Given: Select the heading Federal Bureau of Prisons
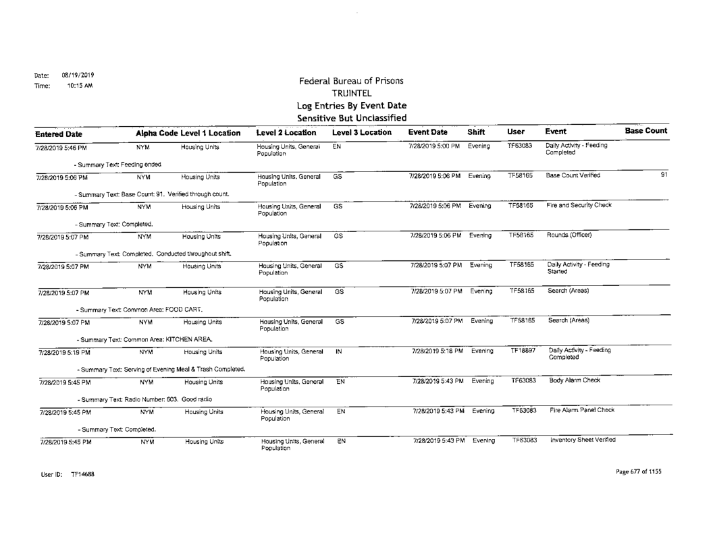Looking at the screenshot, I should click(x=346, y=81).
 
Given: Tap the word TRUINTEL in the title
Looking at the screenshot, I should click(x=345, y=93).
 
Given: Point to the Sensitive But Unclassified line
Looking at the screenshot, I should click(x=345, y=118).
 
